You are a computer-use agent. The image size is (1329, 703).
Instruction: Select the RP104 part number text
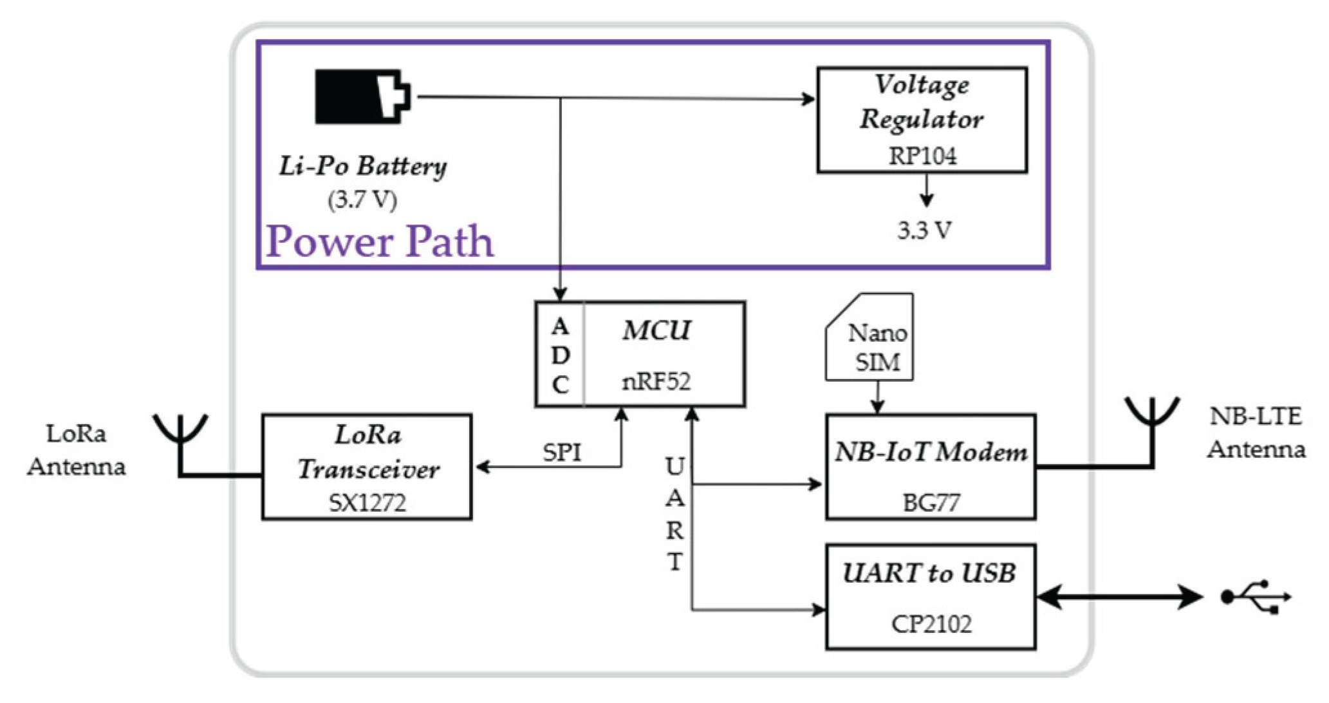click(x=922, y=156)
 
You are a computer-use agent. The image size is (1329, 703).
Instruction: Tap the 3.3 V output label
click(x=924, y=230)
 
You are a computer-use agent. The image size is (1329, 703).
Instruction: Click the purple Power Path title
click(x=380, y=241)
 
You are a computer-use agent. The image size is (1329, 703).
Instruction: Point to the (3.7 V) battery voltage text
click(x=362, y=200)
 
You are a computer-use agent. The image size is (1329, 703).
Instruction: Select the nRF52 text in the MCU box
click(x=656, y=382)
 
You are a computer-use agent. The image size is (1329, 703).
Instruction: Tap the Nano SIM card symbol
click(x=870, y=338)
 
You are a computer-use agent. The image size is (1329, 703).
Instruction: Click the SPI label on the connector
click(x=561, y=453)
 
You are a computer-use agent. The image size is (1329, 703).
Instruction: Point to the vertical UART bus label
click(x=674, y=514)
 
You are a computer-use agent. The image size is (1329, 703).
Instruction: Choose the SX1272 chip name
click(x=367, y=502)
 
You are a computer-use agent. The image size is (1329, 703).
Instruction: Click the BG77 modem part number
click(x=931, y=502)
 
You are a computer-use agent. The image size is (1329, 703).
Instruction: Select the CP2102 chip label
click(x=931, y=623)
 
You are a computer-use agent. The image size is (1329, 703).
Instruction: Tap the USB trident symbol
click(x=1256, y=597)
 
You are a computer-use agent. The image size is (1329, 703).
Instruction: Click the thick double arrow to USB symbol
click(x=1119, y=597)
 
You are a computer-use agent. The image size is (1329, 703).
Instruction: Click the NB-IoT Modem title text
click(x=931, y=452)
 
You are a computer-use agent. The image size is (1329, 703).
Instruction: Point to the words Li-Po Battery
click(x=362, y=166)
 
